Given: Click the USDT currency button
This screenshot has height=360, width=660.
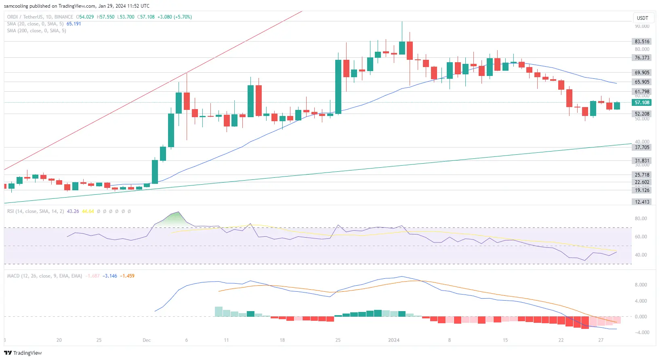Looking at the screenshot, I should click(x=642, y=18).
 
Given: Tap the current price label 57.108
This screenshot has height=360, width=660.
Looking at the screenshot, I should click(x=642, y=103).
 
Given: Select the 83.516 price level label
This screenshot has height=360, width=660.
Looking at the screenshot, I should click(x=642, y=42).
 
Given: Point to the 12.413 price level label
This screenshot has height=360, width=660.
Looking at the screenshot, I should click(x=642, y=202).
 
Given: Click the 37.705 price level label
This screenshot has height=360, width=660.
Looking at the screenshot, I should click(x=642, y=147).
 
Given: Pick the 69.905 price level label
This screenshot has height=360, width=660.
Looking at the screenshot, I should click(x=642, y=73).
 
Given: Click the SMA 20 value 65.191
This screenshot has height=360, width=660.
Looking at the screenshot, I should click(x=74, y=24).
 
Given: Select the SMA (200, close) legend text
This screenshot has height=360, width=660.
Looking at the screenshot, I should click(x=36, y=31).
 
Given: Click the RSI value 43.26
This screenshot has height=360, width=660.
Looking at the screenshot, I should click(x=73, y=211).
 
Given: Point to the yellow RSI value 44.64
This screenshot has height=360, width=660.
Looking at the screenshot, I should click(x=88, y=211).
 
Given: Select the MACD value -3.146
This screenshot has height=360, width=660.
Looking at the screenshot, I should click(x=109, y=276).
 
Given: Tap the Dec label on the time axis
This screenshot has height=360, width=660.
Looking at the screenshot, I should click(x=147, y=340).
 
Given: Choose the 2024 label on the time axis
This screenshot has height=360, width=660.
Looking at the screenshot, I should click(x=393, y=340).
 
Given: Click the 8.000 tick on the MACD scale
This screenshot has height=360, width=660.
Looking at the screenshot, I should click(x=641, y=285).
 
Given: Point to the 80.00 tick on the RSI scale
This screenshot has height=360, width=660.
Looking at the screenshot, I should click(x=641, y=219).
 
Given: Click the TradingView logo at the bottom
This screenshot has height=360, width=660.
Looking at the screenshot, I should click(x=23, y=353).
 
